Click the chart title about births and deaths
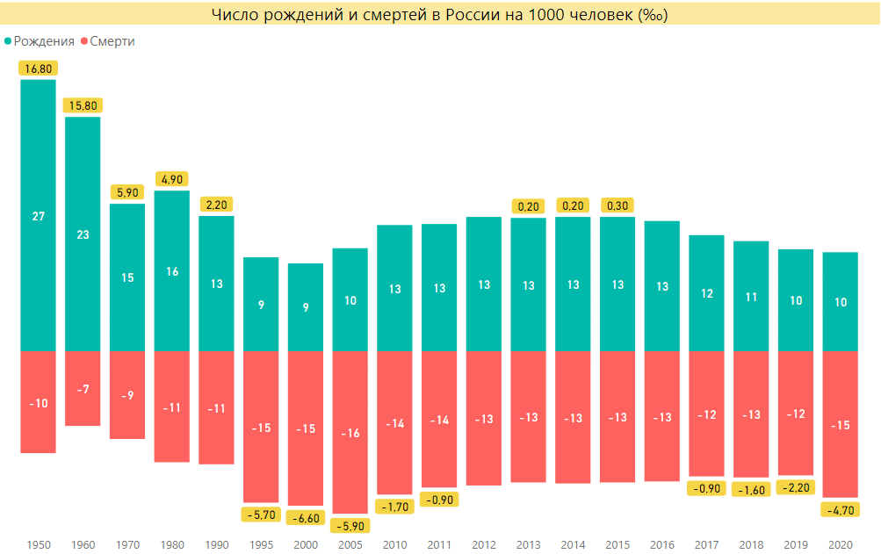pos(440,16)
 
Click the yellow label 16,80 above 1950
pos(38,68)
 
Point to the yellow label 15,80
pos(83,105)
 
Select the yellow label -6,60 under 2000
pos(306,519)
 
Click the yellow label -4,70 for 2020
pos(841,509)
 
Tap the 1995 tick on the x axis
pos(261,544)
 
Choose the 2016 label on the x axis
pos(662,544)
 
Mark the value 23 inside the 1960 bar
pos(83,234)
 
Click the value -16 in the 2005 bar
pos(350,433)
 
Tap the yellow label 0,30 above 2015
pos(617,205)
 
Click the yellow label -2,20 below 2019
pos(796,487)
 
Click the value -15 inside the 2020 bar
pos(841,425)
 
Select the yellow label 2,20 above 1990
pos(217,204)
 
